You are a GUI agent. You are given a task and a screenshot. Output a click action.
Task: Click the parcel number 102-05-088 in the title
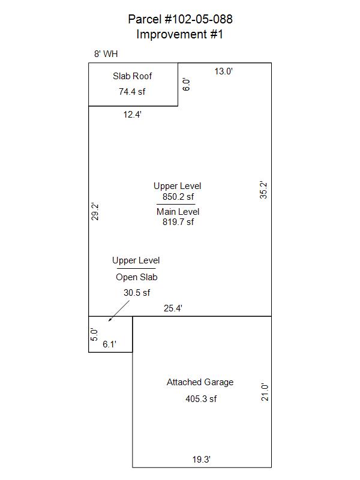click(x=199, y=19)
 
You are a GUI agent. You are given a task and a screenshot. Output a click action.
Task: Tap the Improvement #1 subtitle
click(x=179, y=34)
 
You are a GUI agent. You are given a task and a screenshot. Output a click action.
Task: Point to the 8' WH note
click(x=106, y=54)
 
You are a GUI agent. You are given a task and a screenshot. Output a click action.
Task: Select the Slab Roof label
click(x=132, y=76)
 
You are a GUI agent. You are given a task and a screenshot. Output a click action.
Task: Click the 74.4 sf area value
click(x=132, y=92)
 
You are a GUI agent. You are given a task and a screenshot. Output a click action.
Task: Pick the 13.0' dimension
click(x=223, y=71)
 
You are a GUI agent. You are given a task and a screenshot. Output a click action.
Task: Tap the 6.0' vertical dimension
click(x=186, y=84)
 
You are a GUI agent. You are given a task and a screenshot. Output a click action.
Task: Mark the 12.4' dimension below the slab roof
click(x=132, y=115)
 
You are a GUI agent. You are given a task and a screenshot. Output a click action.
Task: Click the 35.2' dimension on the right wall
click(x=263, y=190)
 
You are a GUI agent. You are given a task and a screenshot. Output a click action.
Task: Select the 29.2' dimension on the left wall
click(x=95, y=212)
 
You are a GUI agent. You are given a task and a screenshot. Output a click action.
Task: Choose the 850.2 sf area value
click(x=178, y=197)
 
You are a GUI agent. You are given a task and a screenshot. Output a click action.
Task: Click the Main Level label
click(x=178, y=212)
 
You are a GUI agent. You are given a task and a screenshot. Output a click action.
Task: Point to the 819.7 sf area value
click(x=178, y=221)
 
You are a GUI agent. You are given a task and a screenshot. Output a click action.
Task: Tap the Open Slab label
click(x=137, y=277)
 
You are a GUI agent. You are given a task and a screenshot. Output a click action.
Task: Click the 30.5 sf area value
click(x=137, y=293)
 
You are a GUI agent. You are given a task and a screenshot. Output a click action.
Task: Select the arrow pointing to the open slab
click(x=119, y=311)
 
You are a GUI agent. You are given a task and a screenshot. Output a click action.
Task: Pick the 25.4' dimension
click(x=173, y=308)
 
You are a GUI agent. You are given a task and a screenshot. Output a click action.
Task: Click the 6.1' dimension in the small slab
click(x=109, y=344)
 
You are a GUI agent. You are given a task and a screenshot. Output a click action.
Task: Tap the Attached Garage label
click(x=200, y=382)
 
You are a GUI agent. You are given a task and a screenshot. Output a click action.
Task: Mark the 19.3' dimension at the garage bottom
click(x=202, y=460)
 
